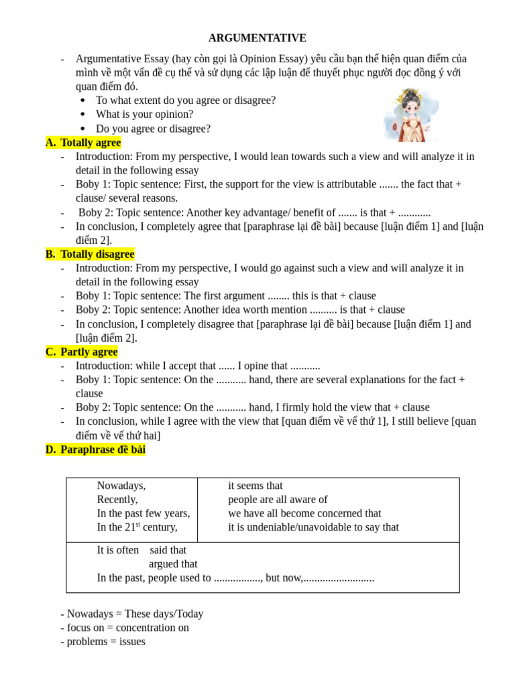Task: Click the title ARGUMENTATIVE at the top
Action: (257, 38)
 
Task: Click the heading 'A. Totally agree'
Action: (83, 143)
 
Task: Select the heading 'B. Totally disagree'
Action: (90, 255)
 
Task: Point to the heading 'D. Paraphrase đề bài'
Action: (95, 450)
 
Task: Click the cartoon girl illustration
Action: (410, 115)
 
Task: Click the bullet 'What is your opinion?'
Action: (144, 115)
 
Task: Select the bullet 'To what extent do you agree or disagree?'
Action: (185, 100)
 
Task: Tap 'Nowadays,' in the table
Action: (121, 486)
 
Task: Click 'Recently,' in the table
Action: (117, 500)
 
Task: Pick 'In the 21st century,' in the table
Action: (137, 527)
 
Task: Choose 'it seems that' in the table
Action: (255, 486)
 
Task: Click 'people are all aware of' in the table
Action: (278, 500)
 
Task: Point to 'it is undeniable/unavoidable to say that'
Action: (313, 527)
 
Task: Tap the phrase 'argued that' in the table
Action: (173, 564)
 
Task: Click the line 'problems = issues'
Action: (103, 642)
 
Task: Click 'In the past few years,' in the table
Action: (144, 513)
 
